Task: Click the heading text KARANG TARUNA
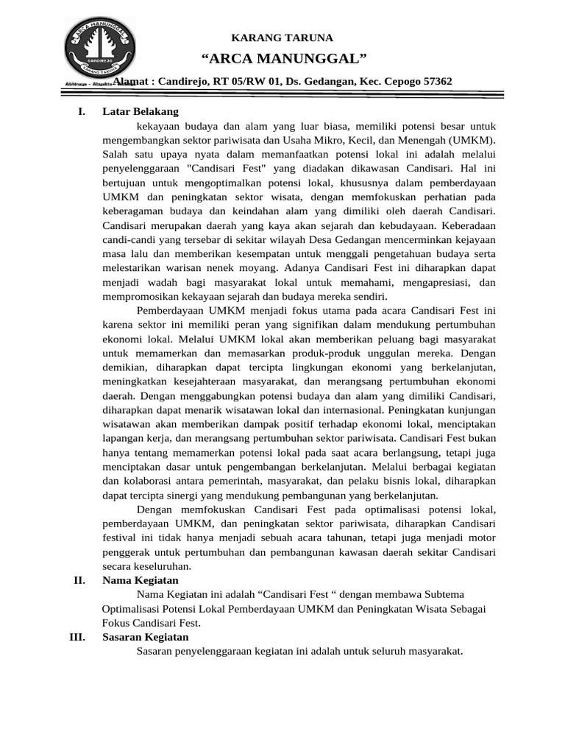[x=282, y=38]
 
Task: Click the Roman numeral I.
[x=81, y=111]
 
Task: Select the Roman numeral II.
[x=80, y=581]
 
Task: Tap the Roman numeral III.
[x=79, y=637]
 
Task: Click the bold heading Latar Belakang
[x=140, y=111]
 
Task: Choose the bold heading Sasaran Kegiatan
[x=145, y=637]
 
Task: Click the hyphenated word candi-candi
[x=127, y=240]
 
